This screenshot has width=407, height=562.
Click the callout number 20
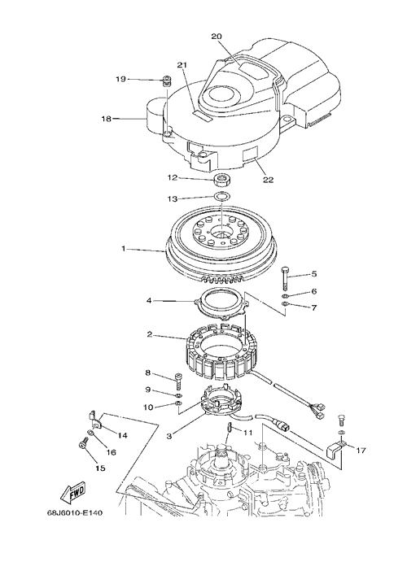[x=217, y=37]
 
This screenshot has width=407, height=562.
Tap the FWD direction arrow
[x=73, y=491]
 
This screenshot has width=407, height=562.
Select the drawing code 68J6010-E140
[x=75, y=513]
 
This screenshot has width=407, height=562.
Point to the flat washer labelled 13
[x=222, y=196]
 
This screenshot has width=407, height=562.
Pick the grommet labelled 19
[x=166, y=81]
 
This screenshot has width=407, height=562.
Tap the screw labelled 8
[x=178, y=381]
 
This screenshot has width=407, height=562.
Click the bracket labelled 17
[x=336, y=449]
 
